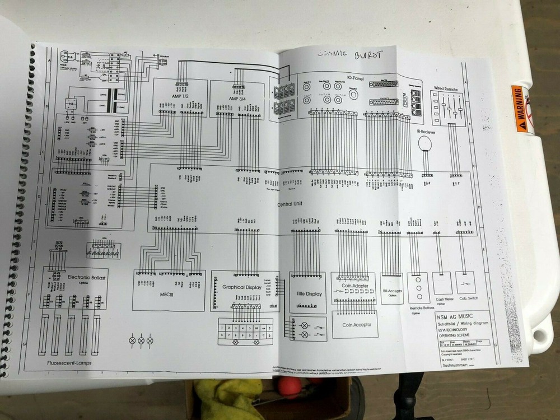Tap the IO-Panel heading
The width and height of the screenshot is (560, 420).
pos(356,80)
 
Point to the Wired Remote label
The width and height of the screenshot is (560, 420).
pos(446,89)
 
